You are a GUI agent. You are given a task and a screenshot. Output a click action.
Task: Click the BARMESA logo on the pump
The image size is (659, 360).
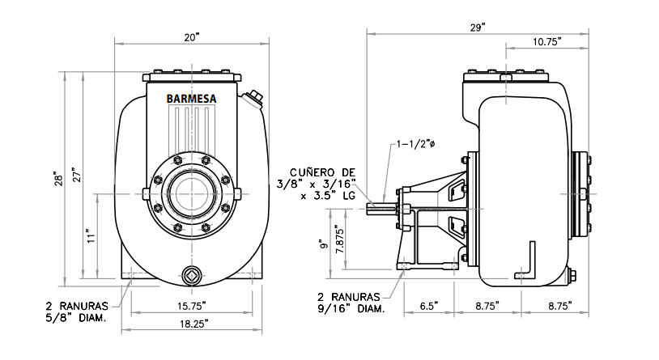tap(191, 100)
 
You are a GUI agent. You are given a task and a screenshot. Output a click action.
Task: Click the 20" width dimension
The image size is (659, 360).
tap(191, 37)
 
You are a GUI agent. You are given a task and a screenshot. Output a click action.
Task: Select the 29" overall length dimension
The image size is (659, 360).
tap(478, 28)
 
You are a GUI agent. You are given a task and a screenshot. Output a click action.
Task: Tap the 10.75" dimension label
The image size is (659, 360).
tap(548, 42)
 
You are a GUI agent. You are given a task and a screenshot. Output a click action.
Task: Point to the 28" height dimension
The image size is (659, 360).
tap(57, 176)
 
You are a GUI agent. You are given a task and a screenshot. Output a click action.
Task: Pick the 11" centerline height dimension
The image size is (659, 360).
tap(91, 236)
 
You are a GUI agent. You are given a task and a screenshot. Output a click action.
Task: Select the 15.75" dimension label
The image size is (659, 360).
tap(192, 306)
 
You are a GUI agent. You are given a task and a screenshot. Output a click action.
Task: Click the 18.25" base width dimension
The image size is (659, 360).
tap(192, 324)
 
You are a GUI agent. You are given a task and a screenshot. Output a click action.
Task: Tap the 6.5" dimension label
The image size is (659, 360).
tap(428, 306)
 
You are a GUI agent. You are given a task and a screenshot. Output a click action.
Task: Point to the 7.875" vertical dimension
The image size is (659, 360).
tap(341, 240)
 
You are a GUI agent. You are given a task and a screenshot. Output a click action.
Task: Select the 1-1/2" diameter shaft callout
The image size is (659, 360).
tap(418, 145)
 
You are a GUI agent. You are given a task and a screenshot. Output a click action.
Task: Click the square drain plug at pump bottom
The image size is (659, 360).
tap(191, 273)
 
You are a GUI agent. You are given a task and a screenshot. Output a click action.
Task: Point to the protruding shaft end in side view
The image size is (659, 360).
tap(381, 207)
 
